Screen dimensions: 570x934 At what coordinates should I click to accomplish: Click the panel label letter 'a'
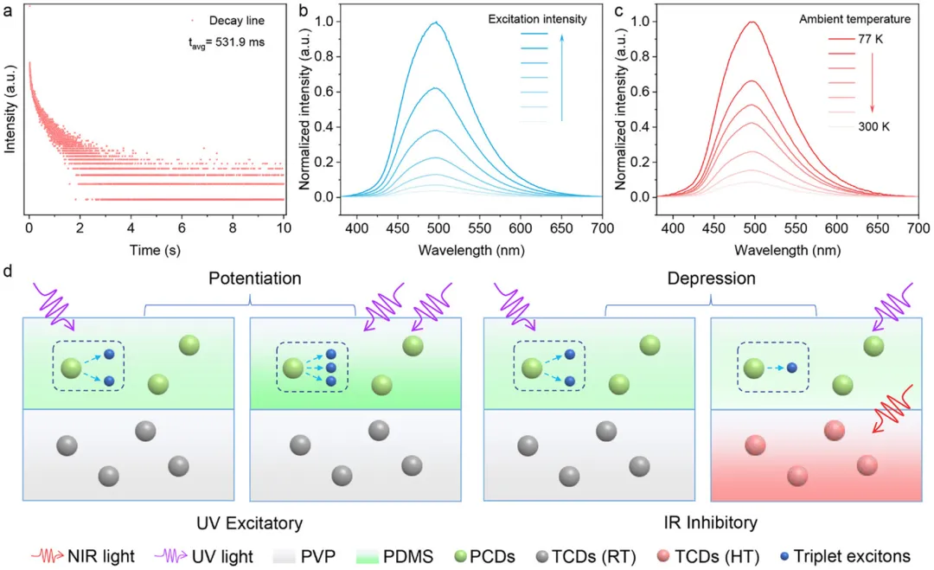[8, 11]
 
